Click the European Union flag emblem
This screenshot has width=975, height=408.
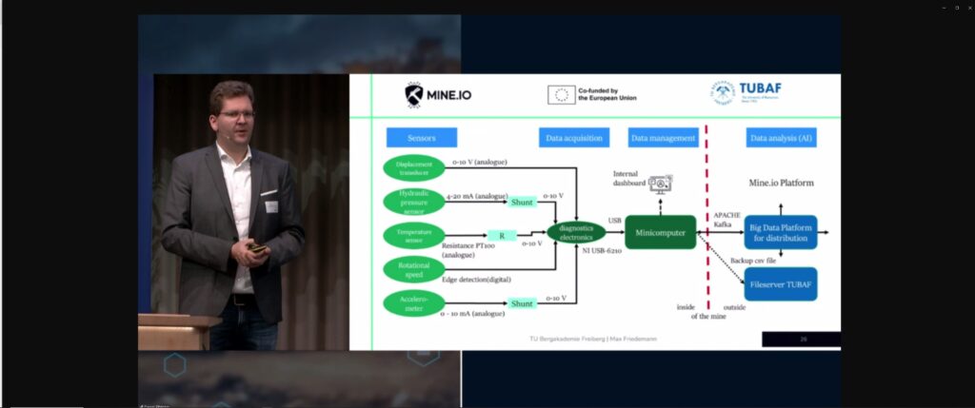point(561,94)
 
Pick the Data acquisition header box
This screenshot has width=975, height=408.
point(573,138)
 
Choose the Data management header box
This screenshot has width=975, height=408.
point(663,138)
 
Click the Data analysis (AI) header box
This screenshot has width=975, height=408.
point(781,138)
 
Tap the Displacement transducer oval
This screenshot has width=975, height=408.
point(414,167)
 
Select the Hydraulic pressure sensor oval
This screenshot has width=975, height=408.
point(414,201)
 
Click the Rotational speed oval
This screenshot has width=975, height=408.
point(414,268)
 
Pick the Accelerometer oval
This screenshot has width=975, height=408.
point(414,302)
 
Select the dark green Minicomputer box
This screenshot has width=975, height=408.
point(660,233)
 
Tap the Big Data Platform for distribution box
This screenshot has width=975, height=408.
point(781,232)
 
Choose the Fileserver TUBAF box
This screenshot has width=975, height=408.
point(781,283)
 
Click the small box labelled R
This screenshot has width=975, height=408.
point(501,234)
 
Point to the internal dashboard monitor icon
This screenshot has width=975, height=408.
point(660,183)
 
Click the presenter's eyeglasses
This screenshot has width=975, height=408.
point(236,114)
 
